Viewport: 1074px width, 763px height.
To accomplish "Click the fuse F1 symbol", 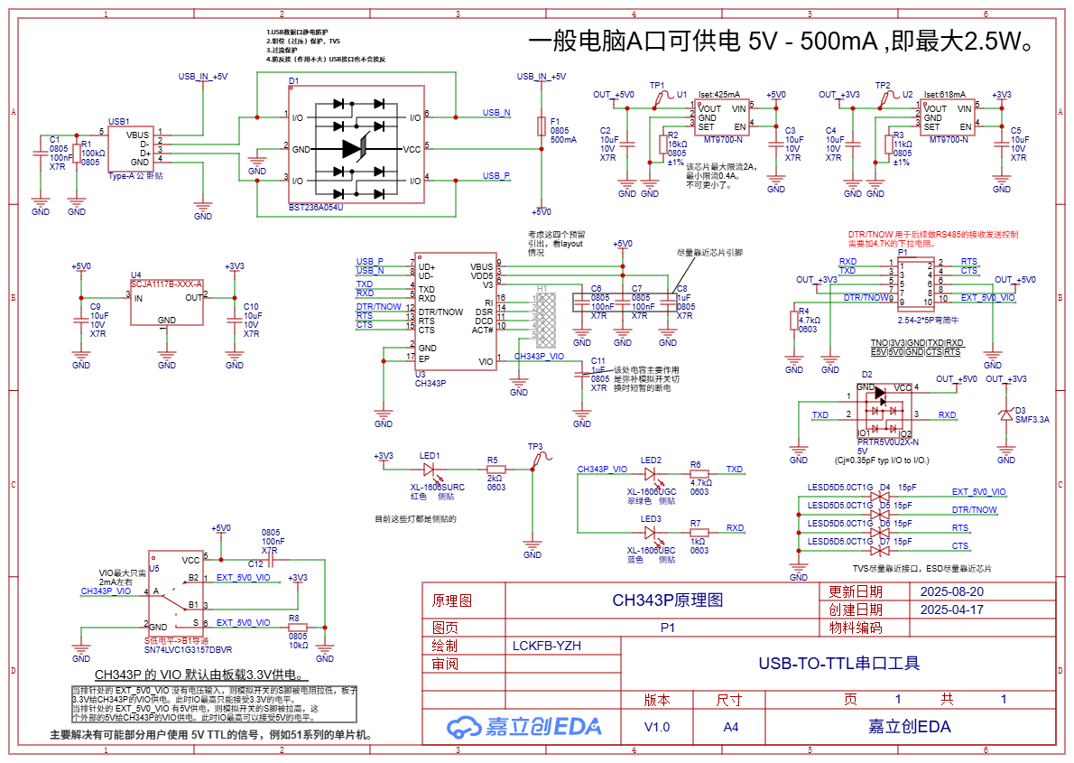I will pos(542,125).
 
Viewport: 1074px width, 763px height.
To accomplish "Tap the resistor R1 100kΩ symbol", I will pos(77,154).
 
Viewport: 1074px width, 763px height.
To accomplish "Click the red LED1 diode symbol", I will pos(430,470).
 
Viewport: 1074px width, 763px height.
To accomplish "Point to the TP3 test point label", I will pos(535,447).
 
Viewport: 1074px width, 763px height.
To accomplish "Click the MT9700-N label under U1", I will pos(723,139).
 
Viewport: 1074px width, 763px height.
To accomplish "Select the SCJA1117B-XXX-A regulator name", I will pos(166,284).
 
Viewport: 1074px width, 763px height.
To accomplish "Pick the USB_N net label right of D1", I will pos(496,113).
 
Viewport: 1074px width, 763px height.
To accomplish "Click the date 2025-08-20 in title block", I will pos(951,592).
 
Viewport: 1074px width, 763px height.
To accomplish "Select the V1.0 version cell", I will pos(657,727).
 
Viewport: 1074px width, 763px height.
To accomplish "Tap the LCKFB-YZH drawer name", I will pos(547,646).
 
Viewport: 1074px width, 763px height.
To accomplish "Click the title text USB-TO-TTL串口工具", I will pos(838,664).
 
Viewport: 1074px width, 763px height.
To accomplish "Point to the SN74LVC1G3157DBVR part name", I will pos(188,649).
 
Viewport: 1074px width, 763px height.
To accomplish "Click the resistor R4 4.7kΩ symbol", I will pos(794,320).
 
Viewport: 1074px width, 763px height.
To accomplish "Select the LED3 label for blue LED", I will pos(652,518).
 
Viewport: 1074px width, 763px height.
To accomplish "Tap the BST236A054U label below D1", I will pos(316,208).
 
